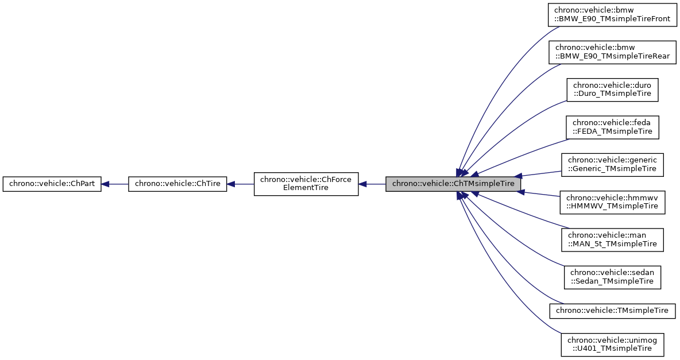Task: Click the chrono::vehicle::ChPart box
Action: coord(52,184)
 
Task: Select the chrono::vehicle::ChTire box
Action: coord(178,184)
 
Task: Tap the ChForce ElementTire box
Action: coord(306,184)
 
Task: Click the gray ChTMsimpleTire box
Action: coord(454,184)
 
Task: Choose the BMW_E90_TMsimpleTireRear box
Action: coord(612,52)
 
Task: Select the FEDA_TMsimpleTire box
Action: coord(612,127)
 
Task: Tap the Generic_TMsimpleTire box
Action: coord(612,164)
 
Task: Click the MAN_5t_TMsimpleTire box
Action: coord(612,239)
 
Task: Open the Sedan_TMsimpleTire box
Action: coord(612,276)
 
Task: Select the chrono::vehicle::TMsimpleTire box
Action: coord(612,311)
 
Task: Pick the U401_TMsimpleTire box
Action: coord(612,344)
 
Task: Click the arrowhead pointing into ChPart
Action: coord(106,184)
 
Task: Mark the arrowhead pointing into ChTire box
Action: coord(232,184)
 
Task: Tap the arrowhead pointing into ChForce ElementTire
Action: coord(363,184)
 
